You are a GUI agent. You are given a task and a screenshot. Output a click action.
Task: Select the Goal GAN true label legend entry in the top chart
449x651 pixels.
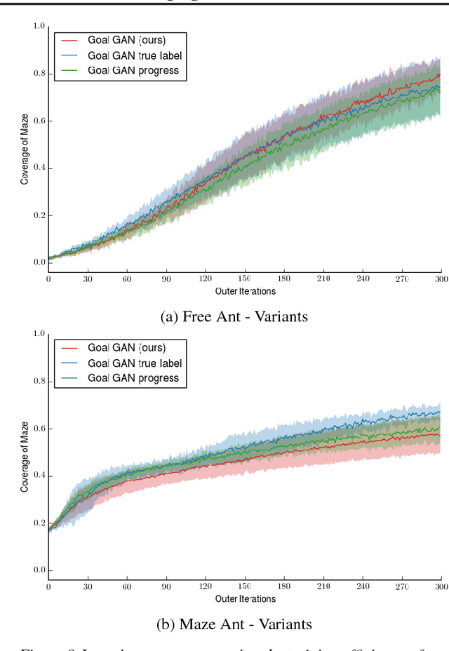134,55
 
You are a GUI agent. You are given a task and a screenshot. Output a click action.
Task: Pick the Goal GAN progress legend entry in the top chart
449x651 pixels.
133,70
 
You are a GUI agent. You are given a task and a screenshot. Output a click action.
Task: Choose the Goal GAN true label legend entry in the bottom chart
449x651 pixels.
134,363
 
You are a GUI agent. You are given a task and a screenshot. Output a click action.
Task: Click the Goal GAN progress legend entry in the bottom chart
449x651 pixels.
133,378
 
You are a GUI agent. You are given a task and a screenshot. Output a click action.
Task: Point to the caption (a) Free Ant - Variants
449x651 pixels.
234,316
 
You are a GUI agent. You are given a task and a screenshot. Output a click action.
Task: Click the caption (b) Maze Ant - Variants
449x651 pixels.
234,624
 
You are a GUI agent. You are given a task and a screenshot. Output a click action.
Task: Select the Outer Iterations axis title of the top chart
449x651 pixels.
245,291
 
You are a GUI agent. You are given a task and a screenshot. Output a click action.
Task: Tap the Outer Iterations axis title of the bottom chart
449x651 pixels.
245,599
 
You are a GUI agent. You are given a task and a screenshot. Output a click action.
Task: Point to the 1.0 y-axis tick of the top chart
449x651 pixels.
39,27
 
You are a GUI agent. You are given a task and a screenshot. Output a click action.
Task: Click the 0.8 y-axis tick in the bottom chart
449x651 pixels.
39,382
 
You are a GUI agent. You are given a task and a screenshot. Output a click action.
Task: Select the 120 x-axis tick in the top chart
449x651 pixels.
205,278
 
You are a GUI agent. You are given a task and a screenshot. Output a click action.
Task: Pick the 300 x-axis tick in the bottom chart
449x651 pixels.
440,586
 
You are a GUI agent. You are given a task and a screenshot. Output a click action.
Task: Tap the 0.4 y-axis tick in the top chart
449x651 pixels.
39,168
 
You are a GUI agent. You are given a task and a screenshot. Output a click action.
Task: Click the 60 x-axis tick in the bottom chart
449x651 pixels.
127,586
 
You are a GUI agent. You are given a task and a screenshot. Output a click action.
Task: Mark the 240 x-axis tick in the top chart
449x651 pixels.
362,278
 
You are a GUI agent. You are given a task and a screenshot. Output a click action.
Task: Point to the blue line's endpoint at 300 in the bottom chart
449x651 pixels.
440,412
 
